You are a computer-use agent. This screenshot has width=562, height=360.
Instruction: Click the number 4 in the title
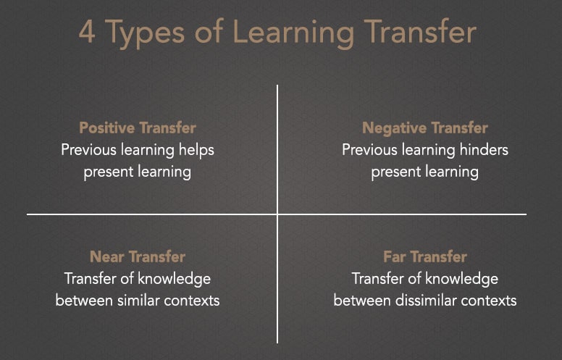[87, 33]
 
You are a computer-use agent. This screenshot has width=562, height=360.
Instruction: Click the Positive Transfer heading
[138, 128]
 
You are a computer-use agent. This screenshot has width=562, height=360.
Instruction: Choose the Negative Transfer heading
[425, 128]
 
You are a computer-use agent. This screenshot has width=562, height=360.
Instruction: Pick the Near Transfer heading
[138, 256]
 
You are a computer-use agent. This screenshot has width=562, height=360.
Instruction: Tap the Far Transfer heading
[425, 256]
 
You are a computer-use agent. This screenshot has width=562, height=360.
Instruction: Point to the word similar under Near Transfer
[143, 300]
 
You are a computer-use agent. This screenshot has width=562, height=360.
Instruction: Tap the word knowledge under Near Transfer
[174, 279]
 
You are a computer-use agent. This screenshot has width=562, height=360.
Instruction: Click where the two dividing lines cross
[277, 214]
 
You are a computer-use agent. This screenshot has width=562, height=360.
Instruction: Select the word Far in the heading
[397, 256]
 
